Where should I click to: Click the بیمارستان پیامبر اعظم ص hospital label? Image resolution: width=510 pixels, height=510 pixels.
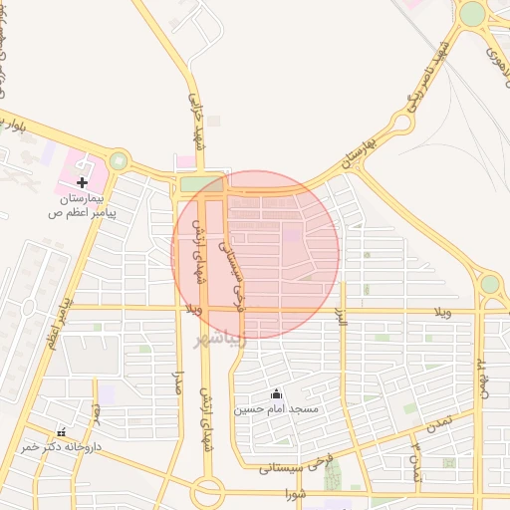pyautogui.click(x=82, y=205)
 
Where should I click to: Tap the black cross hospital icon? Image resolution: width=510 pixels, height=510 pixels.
pyautogui.click(x=82, y=182)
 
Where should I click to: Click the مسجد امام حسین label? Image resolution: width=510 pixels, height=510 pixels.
pyautogui.click(x=276, y=409)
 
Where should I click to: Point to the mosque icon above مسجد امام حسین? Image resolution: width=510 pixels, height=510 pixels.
pyautogui.click(x=276, y=393)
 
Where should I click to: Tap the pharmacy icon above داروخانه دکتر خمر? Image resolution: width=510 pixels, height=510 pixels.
pyautogui.click(x=62, y=432)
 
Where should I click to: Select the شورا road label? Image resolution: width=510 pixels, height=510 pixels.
pyautogui.click(x=294, y=493)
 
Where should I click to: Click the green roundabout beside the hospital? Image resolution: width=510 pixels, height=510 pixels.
pyautogui.click(x=119, y=160)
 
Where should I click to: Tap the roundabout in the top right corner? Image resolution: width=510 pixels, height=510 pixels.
pyautogui.click(x=472, y=14)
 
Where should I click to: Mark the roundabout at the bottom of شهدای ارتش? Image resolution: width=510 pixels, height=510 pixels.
pyautogui.click(x=208, y=491)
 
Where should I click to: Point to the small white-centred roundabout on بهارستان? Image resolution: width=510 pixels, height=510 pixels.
pyautogui.click(x=401, y=123)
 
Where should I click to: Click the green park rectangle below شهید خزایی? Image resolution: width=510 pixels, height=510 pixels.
pyautogui.click(x=201, y=184)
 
